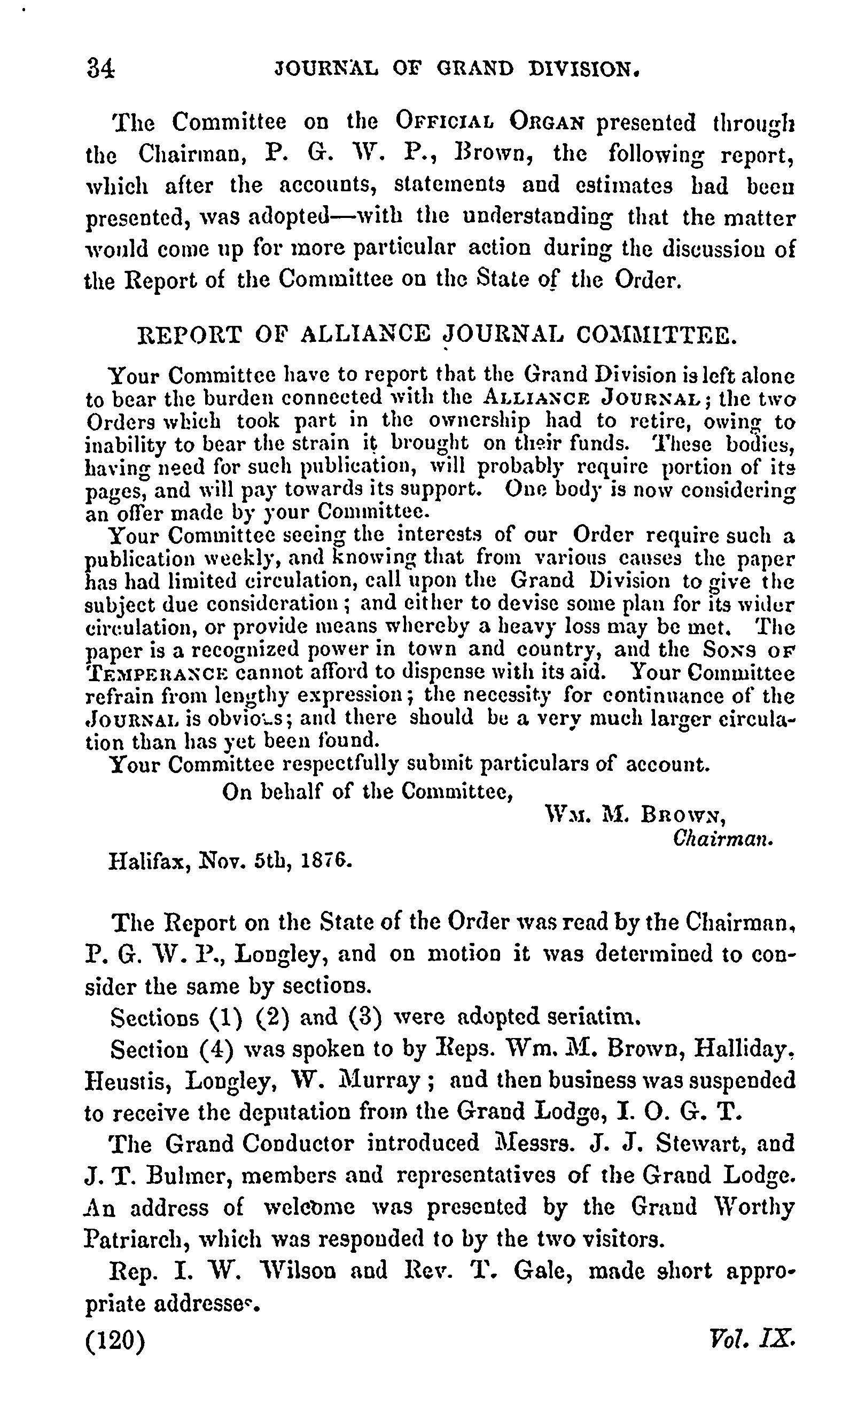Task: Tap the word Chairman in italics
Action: [x=722, y=839]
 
